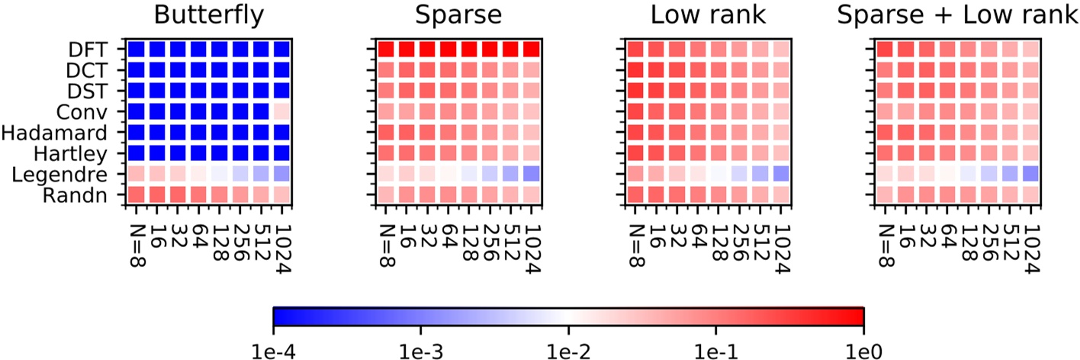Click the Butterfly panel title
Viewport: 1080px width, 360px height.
coord(208,15)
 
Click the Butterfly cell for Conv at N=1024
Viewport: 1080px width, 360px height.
coord(281,111)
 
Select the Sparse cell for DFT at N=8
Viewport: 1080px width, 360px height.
coord(386,50)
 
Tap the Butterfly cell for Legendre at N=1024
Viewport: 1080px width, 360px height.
coord(281,173)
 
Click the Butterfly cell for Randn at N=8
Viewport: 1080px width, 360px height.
coord(136,194)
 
